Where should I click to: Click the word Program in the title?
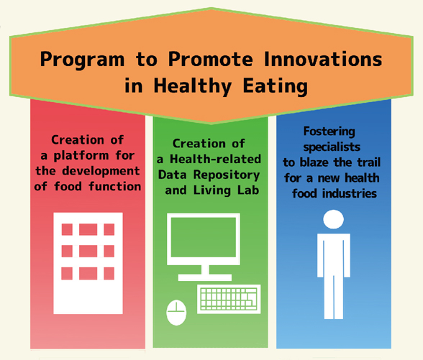coord(82,60)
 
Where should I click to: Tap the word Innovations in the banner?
coord(323,59)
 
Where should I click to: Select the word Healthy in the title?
coord(192,86)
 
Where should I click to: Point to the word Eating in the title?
coord(275,86)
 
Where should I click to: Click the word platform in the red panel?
coord(81,156)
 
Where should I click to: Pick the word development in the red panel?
coord(101,171)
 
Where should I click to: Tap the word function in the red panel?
coord(115,186)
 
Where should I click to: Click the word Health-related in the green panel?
coord(215,159)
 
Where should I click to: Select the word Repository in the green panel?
coord(227,175)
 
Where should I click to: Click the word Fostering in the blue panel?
coord(329,132)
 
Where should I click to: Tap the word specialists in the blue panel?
coord(332,147)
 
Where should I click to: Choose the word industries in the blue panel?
coord(350,193)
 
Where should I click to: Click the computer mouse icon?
coord(176,313)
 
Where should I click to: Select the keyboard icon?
coord(229,299)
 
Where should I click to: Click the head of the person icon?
coord(334,219)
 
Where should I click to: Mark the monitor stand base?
coord(205,277)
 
